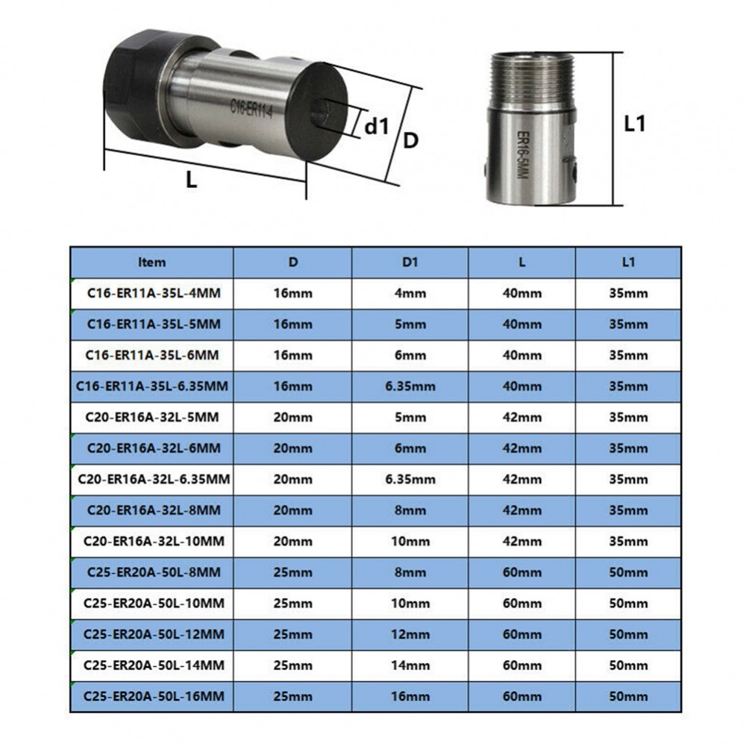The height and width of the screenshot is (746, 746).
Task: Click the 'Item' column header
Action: (152, 262)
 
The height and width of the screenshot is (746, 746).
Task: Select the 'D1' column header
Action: (410, 262)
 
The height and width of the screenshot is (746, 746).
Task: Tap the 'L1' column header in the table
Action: (627, 262)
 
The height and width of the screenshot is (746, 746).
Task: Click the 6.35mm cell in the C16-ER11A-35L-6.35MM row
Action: (410, 386)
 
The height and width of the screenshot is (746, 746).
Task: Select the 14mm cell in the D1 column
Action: (410, 665)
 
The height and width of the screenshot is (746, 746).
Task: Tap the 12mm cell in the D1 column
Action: (410, 635)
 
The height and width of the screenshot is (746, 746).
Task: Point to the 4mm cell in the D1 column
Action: (410, 293)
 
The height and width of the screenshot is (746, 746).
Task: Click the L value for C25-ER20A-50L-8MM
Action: (521, 573)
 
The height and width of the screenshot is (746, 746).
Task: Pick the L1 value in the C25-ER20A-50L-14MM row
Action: (627, 665)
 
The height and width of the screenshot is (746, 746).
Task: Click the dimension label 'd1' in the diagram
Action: (377, 126)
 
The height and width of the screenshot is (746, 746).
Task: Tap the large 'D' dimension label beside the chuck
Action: (410, 140)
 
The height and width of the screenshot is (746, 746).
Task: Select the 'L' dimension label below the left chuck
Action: (191, 180)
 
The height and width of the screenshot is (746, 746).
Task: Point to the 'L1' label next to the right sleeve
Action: (634, 125)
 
